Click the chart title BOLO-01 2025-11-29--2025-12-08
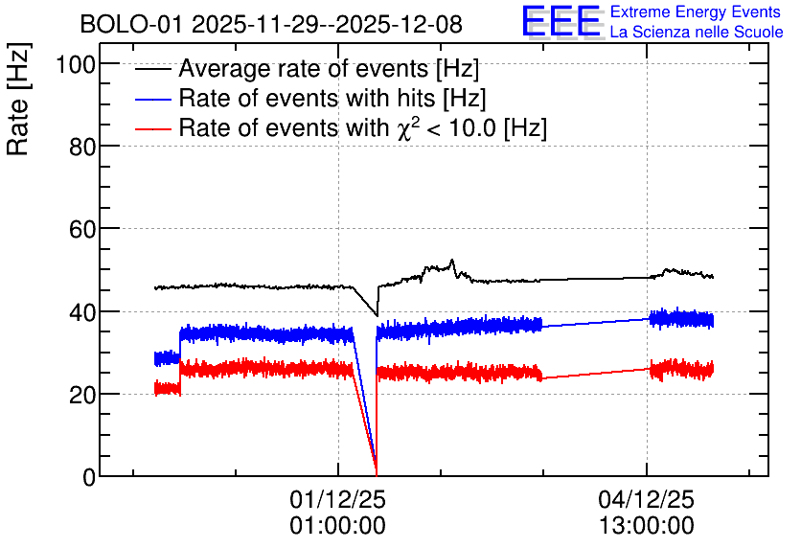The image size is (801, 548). tap(271, 24)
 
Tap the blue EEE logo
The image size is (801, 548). tap(561, 21)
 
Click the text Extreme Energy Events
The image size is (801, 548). tap(696, 11)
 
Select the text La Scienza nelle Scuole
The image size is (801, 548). tap(697, 32)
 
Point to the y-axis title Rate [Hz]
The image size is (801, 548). tap(18, 99)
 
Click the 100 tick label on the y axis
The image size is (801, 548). tap(76, 65)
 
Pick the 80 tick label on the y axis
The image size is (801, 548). tap(82, 148)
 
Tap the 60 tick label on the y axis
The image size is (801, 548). tap(82, 229)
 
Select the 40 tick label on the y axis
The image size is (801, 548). tap(82, 312)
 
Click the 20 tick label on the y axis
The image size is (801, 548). tap(82, 395)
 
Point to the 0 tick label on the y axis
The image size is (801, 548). tap(89, 477)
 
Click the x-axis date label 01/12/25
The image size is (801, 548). tap(337, 499)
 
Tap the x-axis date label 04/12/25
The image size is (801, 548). tap(646, 499)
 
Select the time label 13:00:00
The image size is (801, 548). tap(646, 526)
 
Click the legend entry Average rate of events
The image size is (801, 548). tap(329, 68)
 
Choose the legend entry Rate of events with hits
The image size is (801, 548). tap(332, 98)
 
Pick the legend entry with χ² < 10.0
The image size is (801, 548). tap(363, 127)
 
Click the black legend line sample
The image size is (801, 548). tap(152, 68)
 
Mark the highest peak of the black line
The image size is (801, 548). tap(451, 260)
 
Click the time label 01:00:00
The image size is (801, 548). tap(337, 526)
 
